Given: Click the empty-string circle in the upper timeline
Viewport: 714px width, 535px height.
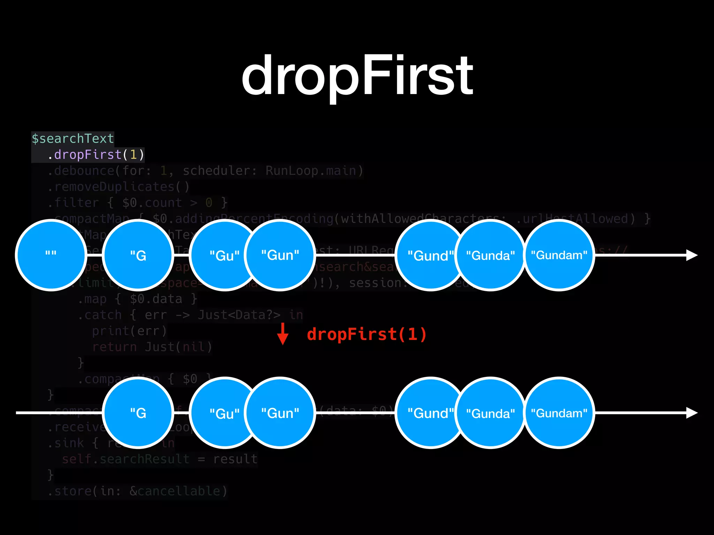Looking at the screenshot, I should [x=51, y=255].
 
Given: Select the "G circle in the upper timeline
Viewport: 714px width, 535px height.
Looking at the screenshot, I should [x=138, y=255].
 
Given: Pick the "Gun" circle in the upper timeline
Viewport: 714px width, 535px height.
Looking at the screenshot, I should [x=280, y=255].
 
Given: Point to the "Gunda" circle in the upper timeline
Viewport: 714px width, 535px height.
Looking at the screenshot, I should [x=490, y=255].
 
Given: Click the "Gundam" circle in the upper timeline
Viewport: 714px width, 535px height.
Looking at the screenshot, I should [x=559, y=255].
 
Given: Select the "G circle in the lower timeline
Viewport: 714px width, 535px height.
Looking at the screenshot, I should [x=138, y=413].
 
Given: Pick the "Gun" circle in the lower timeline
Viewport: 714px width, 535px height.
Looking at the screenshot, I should [x=280, y=413].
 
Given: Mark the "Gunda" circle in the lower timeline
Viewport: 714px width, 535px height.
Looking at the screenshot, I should [x=490, y=413].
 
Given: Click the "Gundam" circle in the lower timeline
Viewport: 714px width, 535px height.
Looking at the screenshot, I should [x=559, y=413].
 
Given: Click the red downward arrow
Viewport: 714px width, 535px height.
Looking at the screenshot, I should [x=283, y=334].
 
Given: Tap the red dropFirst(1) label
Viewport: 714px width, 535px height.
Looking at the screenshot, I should [x=366, y=334].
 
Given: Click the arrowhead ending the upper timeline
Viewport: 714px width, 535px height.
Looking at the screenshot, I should [x=691, y=255].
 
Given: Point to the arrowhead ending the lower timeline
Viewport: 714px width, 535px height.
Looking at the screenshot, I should [x=691, y=413].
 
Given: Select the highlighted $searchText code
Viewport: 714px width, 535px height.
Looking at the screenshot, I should [x=73, y=139].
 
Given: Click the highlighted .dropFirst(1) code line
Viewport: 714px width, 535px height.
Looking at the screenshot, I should [x=96, y=155].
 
